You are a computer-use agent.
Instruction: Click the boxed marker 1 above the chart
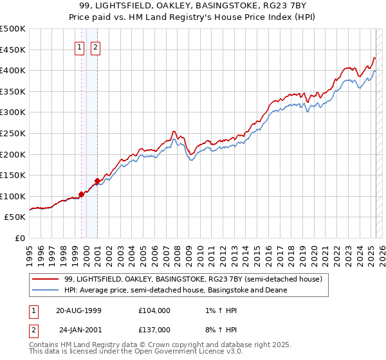click(x=79, y=46)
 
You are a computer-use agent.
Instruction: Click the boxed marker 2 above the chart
click(x=95, y=46)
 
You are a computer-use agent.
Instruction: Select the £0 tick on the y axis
click(x=20, y=238)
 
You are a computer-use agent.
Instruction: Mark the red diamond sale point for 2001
click(x=97, y=181)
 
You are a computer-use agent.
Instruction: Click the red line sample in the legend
click(x=46, y=279)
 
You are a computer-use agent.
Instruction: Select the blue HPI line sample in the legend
click(x=46, y=290)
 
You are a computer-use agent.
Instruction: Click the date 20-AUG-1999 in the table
click(x=78, y=310)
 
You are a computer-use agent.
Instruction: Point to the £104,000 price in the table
click(x=154, y=310)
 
